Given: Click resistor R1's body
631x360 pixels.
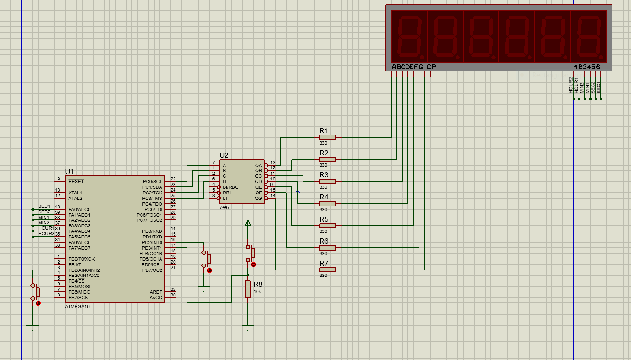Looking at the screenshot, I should (328, 137).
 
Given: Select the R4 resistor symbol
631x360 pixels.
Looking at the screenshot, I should (328, 203).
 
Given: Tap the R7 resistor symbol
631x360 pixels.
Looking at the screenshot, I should (328, 270).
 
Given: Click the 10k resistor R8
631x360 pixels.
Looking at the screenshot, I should (248, 289).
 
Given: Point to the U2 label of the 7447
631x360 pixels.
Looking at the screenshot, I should (224, 155).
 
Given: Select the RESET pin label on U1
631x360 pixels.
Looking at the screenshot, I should (76, 182).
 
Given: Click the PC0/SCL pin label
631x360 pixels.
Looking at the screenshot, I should (153, 182).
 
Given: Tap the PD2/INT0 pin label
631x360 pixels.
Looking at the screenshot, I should (152, 242).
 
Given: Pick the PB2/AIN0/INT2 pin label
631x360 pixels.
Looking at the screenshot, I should (84, 270).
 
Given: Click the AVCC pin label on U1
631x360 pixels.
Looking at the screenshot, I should (156, 297).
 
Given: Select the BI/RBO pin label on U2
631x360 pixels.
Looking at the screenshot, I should (231, 187).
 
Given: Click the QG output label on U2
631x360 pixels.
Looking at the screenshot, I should (258, 198).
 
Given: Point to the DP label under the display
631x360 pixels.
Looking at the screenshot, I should (431, 67).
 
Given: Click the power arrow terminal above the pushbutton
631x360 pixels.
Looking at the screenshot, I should (248, 224).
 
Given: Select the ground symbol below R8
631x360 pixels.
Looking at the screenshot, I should (248, 328).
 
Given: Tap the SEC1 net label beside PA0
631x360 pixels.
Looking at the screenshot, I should (44, 206).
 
